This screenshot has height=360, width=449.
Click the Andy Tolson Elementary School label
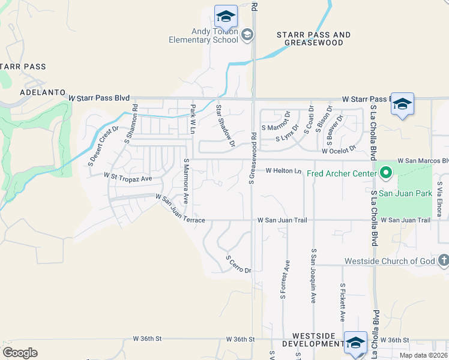click(206, 35)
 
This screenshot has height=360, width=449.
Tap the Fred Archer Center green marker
click(385, 175)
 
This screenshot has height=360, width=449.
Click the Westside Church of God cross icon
click(444, 260)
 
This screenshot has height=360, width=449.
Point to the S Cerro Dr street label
click(238, 265)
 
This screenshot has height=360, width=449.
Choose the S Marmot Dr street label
click(276, 127)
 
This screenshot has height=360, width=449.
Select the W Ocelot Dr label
click(339, 150)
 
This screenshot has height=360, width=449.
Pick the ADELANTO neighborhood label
click(42, 92)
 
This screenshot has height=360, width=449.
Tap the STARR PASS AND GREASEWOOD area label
click(313, 39)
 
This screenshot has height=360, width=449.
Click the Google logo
click(20, 353)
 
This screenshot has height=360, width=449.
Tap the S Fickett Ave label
click(342, 302)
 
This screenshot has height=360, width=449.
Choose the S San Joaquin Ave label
click(313, 276)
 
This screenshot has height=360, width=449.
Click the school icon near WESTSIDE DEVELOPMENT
click(355, 344)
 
